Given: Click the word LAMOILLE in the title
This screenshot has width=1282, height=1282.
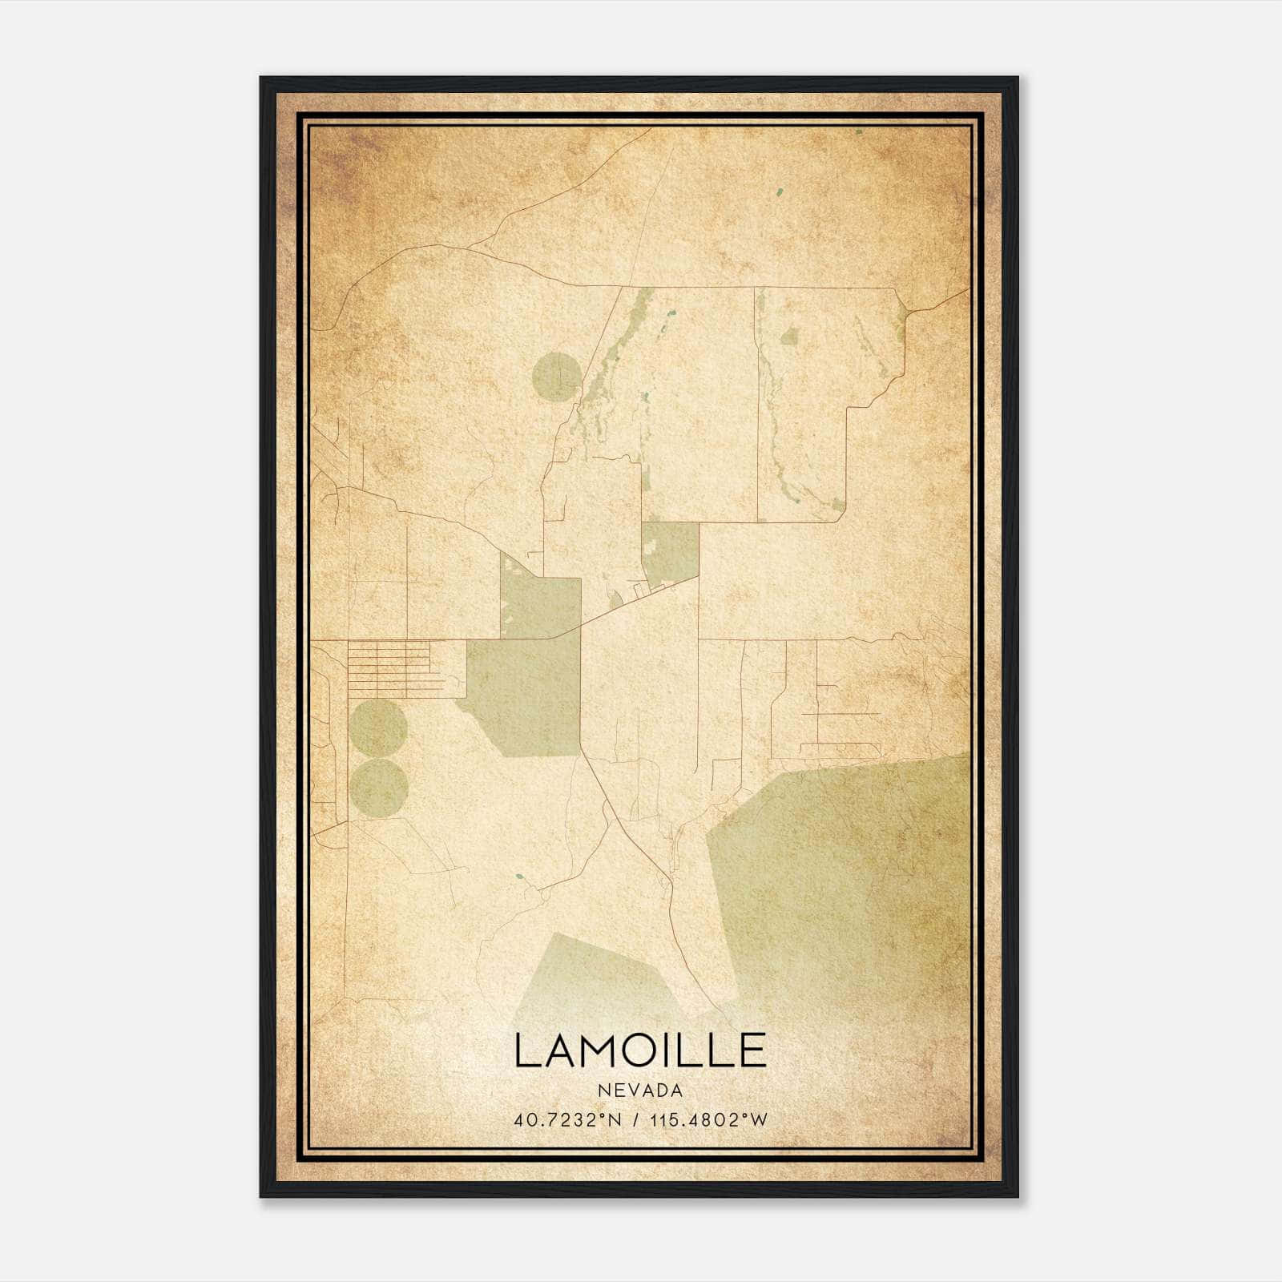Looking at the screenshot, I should (639, 1051).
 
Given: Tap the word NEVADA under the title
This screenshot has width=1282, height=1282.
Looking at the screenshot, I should (639, 1091).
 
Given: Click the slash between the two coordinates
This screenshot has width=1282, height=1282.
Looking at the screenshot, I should (635, 1120).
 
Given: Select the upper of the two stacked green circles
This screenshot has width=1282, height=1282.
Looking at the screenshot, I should (378, 728).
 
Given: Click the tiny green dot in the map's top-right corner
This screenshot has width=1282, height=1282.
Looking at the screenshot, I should (858, 131).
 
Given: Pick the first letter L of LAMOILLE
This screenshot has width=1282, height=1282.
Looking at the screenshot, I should (526, 1051).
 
